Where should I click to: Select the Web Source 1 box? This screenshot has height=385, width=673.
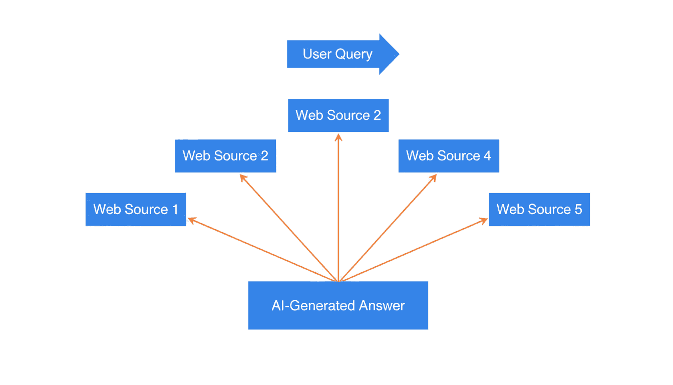pyautogui.click(x=136, y=209)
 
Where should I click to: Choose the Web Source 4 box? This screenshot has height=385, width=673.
pyautogui.click(x=449, y=156)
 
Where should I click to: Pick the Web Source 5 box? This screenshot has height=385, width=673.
pyautogui.click(x=539, y=209)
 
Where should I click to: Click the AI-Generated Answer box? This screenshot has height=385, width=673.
pyautogui.click(x=338, y=305)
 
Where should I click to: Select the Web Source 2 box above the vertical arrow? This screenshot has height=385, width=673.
pyautogui.click(x=338, y=115)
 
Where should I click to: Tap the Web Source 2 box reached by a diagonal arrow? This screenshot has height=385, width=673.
pyautogui.click(x=225, y=156)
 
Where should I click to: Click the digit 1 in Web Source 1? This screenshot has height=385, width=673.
pyautogui.click(x=175, y=209)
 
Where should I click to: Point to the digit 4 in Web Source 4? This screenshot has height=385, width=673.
pyautogui.click(x=487, y=156)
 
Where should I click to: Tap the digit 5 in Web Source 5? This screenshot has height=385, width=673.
pyautogui.click(x=578, y=209)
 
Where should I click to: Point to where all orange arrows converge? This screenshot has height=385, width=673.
pyautogui.click(x=339, y=281)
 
